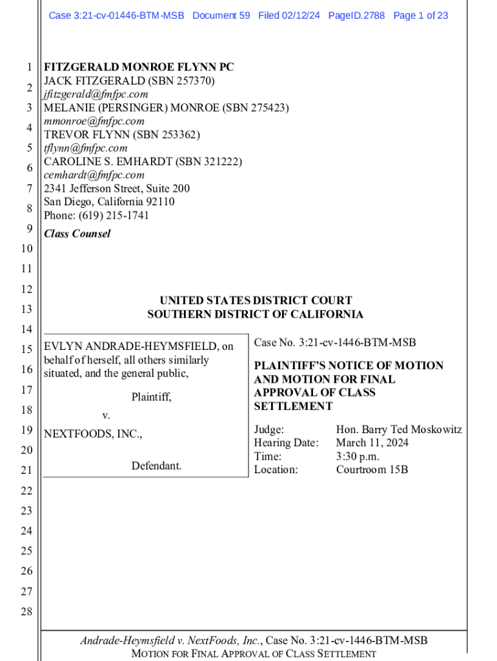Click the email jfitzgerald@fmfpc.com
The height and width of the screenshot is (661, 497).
point(96,94)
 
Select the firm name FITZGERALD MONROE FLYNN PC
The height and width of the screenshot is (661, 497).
point(139,67)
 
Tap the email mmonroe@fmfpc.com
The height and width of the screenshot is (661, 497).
point(94,121)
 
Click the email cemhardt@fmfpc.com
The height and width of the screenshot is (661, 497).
point(94,175)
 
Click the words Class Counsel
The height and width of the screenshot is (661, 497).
point(77,234)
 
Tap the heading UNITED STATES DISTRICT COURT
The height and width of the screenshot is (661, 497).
point(256,301)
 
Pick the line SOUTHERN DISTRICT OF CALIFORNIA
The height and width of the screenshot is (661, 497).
point(256,314)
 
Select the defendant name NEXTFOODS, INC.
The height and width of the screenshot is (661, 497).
point(92,434)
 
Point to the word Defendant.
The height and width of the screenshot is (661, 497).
point(156,465)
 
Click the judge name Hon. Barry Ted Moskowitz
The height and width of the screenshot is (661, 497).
point(398,429)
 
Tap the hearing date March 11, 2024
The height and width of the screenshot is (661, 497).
point(372,443)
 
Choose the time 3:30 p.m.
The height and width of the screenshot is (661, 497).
point(358,456)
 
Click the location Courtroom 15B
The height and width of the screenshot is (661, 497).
point(372,470)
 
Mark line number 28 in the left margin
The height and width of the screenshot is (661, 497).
point(26,612)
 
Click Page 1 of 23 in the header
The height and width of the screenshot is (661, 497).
point(420,15)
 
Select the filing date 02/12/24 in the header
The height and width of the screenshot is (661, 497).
point(301,15)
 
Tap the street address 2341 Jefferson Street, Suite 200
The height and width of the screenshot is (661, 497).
point(117,188)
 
